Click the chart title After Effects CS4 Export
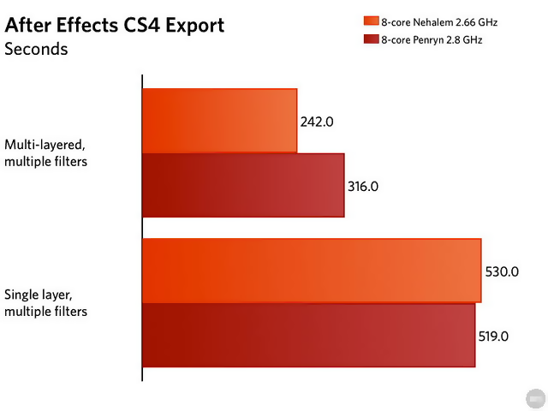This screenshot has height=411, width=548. [x=115, y=25]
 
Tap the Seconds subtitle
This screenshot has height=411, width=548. [x=36, y=49]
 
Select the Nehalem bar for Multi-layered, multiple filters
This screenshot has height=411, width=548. [x=219, y=121]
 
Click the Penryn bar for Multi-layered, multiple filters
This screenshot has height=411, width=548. [x=243, y=185]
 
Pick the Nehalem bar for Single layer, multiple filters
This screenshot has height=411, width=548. [x=312, y=271]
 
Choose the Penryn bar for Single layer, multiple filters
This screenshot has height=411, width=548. [x=308, y=335]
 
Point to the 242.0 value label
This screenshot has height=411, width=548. [x=317, y=122]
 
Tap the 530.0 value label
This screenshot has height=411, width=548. [x=501, y=271]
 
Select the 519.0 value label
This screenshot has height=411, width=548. [x=494, y=337]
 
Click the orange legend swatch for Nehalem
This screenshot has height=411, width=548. [x=371, y=21]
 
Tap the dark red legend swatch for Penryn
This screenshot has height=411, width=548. [x=371, y=39]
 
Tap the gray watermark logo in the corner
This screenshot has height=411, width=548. [x=534, y=399]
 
